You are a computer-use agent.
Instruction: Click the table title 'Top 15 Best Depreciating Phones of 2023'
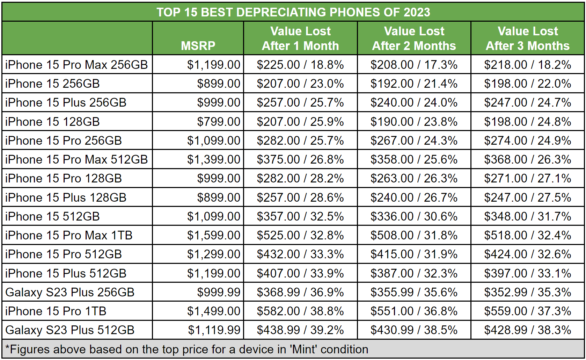(293, 12)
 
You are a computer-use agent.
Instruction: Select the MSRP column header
(198, 46)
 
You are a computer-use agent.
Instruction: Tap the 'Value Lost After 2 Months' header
(414, 38)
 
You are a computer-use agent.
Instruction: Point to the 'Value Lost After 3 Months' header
(528, 38)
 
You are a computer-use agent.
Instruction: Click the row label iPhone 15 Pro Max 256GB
(76, 65)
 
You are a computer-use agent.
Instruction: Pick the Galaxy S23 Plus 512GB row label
(70, 330)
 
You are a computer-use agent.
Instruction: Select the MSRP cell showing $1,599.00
(214, 235)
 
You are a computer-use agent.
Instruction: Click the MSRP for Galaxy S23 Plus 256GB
(219, 292)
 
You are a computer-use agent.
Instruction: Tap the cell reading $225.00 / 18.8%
(300, 65)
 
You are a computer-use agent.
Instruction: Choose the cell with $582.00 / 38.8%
(300, 311)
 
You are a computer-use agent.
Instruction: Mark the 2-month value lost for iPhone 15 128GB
(414, 122)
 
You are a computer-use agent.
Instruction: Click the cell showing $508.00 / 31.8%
(414, 235)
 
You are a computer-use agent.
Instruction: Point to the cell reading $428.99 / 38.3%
(528, 330)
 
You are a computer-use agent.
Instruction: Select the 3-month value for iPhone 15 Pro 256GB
(528, 141)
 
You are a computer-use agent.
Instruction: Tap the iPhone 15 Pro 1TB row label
(56, 311)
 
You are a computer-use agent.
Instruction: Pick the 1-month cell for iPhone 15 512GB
(300, 216)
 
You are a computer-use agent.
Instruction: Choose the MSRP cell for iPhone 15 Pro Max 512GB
(214, 159)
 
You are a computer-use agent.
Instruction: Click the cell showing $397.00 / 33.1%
(528, 273)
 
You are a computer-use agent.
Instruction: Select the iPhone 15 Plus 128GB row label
(66, 197)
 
